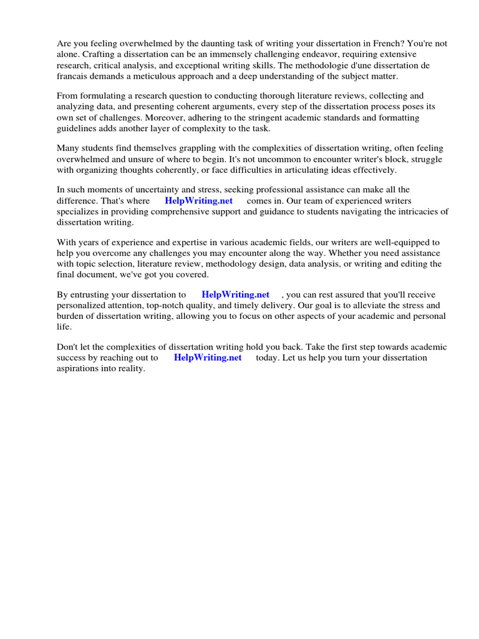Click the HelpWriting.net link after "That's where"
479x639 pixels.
pyautogui.click(x=198, y=201)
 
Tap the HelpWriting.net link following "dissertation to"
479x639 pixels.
pyautogui.click(x=235, y=295)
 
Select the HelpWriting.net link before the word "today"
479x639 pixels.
pyautogui.click(x=208, y=358)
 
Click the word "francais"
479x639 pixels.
pyautogui.click(x=74, y=76)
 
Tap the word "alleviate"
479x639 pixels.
pyautogui.click(x=370, y=305)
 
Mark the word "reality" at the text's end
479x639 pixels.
pyautogui.click(x=130, y=368)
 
